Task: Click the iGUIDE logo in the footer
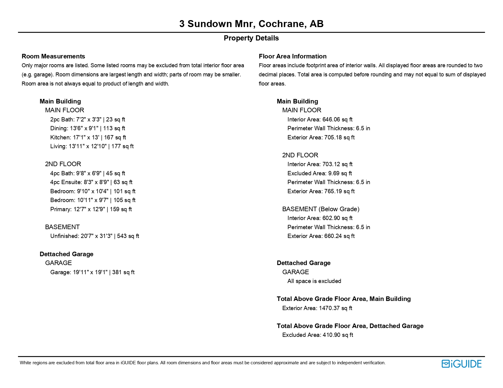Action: coord(461,364)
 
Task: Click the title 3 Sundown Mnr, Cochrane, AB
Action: coord(251,24)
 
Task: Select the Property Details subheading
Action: coord(251,38)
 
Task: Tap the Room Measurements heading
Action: coord(53,56)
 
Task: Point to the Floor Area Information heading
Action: coord(292,56)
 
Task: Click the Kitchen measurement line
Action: coord(88,138)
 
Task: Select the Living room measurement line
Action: coord(92,146)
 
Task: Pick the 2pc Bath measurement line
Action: coord(87,120)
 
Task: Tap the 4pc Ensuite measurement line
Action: coord(91,182)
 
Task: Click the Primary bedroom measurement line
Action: coord(91,209)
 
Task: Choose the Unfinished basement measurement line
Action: coord(95,236)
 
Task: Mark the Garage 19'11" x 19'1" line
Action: coord(92,272)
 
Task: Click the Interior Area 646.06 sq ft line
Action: coord(320,120)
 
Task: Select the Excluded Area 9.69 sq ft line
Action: coord(319,173)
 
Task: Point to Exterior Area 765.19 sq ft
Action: coord(321,191)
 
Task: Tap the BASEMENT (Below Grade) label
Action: coord(321,209)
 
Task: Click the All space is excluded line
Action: coord(314,281)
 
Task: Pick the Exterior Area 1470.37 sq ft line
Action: coord(317,308)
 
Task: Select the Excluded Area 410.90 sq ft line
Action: coord(317,335)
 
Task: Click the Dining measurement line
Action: coord(87,128)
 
